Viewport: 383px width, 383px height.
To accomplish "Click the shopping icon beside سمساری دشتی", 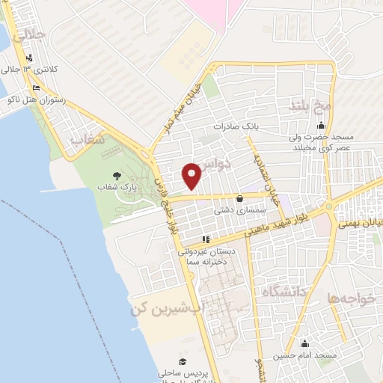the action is [239, 199].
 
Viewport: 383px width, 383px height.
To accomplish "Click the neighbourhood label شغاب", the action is [85, 140].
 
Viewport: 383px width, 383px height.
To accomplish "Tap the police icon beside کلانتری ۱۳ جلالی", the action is [28, 58].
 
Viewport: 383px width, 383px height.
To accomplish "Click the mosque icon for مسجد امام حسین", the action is [304, 344].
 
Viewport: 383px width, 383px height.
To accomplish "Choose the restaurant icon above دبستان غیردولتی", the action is [206, 240].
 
